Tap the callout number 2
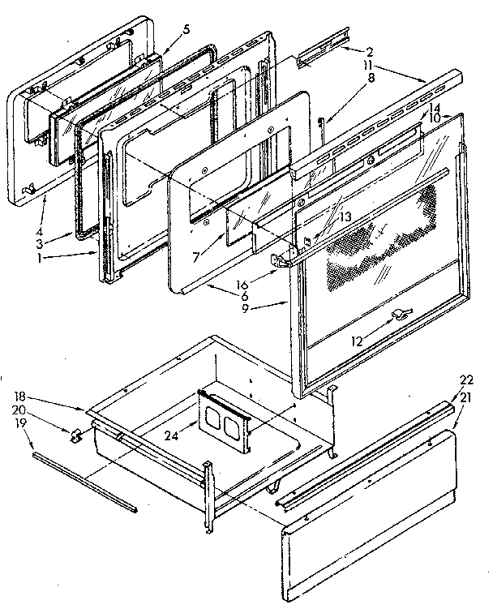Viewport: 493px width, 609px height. point(369,52)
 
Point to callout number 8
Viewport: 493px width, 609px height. point(370,78)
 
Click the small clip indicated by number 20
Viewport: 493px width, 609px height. point(77,436)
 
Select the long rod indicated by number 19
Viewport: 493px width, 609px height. point(85,483)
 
